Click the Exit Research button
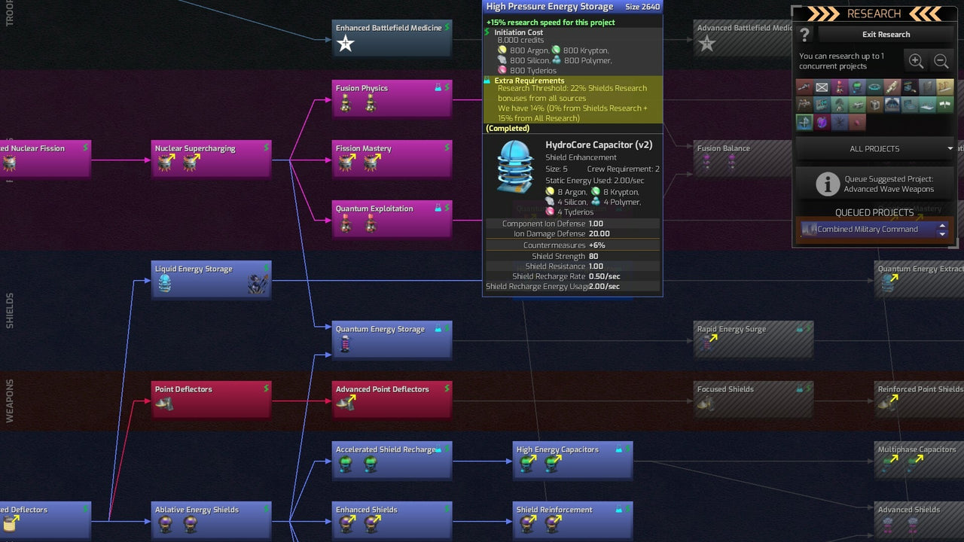(x=886, y=35)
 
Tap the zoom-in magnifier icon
(x=916, y=62)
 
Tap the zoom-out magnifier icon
(x=941, y=62)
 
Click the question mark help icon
(x=805, y=35)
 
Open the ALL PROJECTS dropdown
(x=874, y=149)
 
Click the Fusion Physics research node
(x=392, y=99)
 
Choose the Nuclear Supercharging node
(x=211, y=159)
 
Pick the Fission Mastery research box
(x=392, y=159)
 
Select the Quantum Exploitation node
(x=392, y=219)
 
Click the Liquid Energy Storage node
(x=211, y=279)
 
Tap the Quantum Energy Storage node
(x=392, y=340)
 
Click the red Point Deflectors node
(x=211, y=400)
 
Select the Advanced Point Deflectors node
(x=392, y=400)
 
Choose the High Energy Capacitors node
(x=572, y=460)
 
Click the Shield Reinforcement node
(x=572, y=520)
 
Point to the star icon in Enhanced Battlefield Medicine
(x=345, y=44)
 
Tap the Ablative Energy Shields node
(x=211, y=520)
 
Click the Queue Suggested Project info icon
(x=828, y=184)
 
